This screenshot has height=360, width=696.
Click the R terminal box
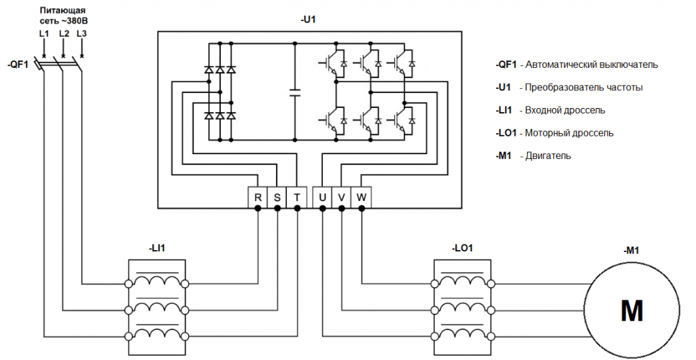coord(258,197)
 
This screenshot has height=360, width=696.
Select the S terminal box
coord(277,197)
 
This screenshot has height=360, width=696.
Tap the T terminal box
coord(297,197)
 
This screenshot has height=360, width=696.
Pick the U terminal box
coord(322,197)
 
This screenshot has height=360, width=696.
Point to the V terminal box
coord(342,197)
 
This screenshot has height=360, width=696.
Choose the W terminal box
coord(362,197)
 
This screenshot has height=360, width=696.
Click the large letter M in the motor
coord(631,311)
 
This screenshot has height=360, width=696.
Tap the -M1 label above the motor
coord(631,251)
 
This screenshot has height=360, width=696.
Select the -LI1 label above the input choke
coord(157,248)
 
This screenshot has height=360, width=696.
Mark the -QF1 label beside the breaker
coord(18,65)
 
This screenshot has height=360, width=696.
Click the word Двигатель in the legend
coord(547,156)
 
